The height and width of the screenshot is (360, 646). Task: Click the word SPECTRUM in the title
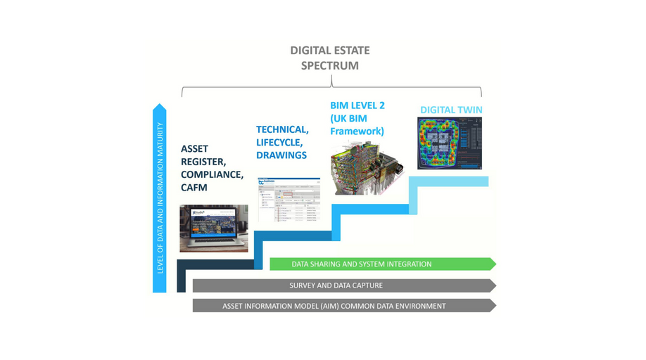330,66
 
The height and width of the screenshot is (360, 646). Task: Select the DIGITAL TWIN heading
451,110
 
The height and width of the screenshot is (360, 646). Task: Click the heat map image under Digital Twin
450,143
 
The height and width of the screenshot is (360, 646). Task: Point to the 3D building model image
367,167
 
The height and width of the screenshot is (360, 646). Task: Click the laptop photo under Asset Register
214,229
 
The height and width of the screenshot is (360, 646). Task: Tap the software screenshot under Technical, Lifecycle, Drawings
289,200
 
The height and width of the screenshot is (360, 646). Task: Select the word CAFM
194,188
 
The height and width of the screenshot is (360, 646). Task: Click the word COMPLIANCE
212,174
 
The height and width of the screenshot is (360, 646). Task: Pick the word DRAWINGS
281,155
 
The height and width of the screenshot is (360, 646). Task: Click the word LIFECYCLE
279,142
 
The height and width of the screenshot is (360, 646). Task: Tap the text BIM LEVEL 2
357,105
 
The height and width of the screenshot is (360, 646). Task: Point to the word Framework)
357,131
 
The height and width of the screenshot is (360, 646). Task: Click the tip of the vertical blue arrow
160,107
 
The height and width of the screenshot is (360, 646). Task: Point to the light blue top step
450,182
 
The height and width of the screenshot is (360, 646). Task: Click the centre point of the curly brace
331,83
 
